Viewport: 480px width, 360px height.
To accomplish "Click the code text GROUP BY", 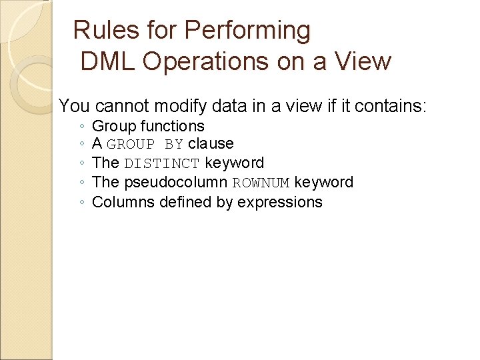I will click(145, 145).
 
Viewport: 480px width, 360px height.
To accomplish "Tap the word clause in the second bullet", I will click(211, 144).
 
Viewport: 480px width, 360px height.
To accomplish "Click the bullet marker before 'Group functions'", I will click(80, 127).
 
